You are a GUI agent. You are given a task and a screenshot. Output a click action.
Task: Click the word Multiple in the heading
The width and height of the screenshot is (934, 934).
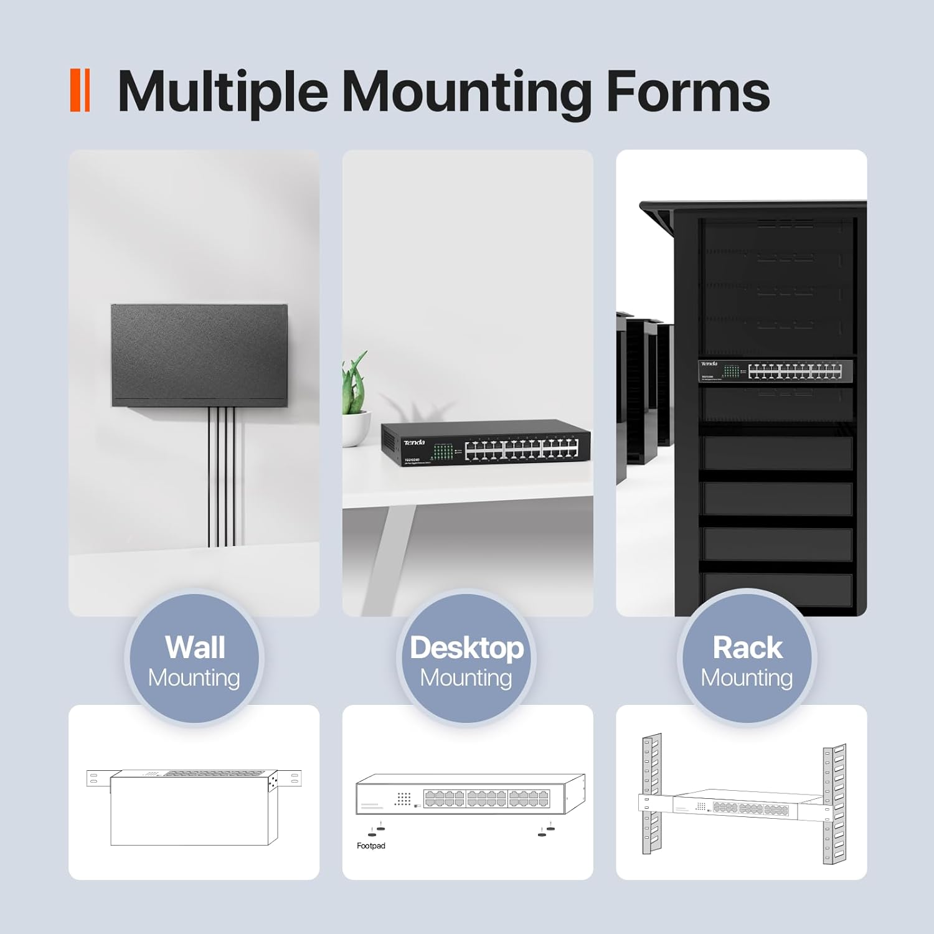point(222,92)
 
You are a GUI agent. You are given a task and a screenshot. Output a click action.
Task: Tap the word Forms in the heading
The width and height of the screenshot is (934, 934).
point(687,92)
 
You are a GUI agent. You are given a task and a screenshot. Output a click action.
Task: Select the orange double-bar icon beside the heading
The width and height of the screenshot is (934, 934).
point(80,91)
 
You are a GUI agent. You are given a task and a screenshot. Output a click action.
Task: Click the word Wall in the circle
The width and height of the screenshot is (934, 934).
point(195,648)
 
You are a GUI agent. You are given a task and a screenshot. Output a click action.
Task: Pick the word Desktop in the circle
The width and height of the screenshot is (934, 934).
point(466,648)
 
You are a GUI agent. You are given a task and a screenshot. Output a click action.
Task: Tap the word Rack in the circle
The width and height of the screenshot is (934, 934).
point(747,648)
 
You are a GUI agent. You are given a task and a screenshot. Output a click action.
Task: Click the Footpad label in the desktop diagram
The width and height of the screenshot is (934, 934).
point(371,846)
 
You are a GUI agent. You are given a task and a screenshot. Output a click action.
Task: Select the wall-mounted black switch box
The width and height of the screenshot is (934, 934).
point(199,355)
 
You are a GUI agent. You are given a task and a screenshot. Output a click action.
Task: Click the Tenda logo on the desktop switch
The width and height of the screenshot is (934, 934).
point(414,443)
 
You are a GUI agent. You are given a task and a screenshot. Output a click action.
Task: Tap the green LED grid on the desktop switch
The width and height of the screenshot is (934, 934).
point(443,451)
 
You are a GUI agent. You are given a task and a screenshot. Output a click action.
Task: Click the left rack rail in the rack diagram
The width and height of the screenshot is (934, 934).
point(651,794)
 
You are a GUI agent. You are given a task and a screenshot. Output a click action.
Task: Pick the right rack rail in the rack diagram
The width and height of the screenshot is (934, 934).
point(834,803)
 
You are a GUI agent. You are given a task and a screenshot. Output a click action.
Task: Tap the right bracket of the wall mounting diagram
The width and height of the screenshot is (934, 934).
point(291,777)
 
